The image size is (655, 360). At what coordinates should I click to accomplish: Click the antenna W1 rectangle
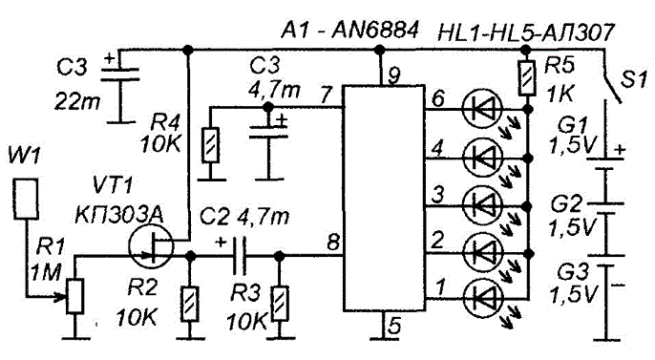(x=27, y=199)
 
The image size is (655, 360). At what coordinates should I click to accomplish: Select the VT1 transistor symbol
(x=151, y=247)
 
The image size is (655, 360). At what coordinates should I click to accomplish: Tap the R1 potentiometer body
(x=75, y=297)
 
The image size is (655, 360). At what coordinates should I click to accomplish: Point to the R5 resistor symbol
(x=526, y=78)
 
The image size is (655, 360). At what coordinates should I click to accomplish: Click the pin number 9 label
(x=393, y=75)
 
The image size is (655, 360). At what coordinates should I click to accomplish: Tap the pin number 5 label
(x=394, y=325)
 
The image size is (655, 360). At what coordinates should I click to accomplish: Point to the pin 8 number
(x=333, y=243)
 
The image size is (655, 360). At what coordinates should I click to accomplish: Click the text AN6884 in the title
(x=374, y=31)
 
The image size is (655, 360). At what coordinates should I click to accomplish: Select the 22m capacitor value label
(x=76, y=100)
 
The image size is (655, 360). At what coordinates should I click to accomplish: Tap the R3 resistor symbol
(x=280, y=304)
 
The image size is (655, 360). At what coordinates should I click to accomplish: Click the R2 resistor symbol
(x=189, y=304)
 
